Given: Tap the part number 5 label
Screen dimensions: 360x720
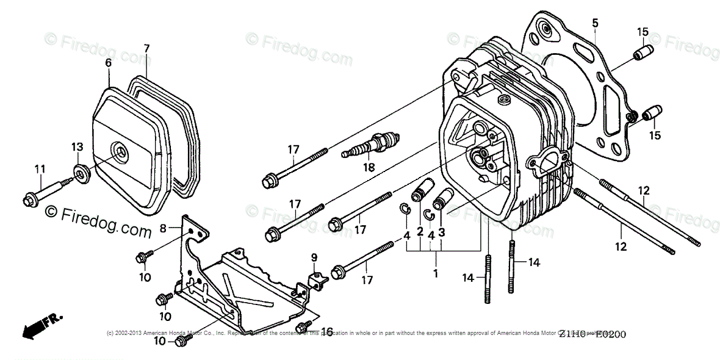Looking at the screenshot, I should coord(595,24).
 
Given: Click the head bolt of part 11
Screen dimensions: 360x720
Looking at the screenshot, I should coord(29,199).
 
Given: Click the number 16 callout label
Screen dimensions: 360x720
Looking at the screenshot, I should coord(327,331).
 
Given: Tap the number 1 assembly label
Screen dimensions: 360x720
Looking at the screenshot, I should coord(436,274).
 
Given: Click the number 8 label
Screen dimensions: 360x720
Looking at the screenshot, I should coord(163,228).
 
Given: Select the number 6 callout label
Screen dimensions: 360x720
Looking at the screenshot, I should coord(109,62).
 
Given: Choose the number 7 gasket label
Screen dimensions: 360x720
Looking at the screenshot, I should coord(146,48).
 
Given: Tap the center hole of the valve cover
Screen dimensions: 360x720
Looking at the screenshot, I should coord(120,149).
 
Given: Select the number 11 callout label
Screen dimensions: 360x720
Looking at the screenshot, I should coord(40,168).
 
